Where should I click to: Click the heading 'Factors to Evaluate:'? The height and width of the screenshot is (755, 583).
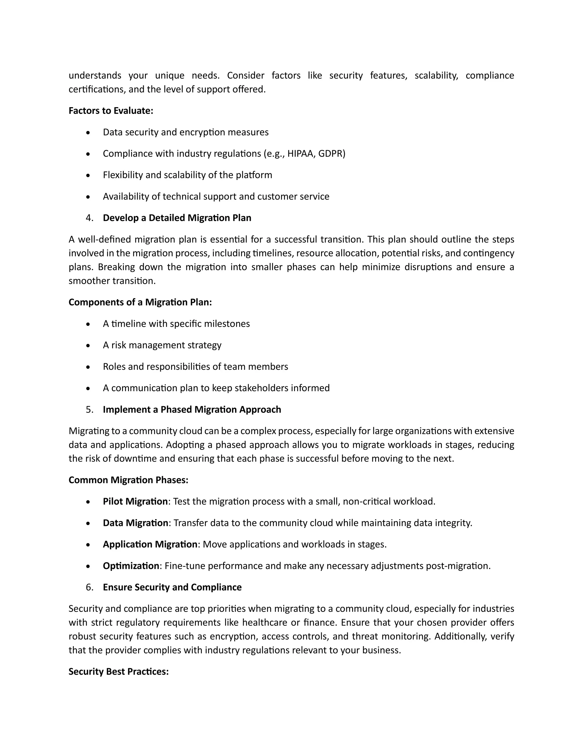click(110, 111)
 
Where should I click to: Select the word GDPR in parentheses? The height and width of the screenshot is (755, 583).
click(330, 154)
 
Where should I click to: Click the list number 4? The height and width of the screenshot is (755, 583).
click(89, 218)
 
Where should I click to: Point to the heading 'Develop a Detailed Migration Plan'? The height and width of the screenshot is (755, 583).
click(177, 218)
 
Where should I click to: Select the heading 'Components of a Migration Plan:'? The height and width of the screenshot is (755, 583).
click(140, 302)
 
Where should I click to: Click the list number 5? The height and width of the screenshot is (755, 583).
click(89, 409)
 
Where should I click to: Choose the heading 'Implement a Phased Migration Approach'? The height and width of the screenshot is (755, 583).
click(192, 409)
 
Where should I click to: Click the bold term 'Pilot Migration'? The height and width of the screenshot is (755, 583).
click(135, 501)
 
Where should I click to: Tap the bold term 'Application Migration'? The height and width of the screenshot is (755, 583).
click(150, 544)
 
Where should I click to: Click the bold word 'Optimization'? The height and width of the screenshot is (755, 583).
click(131, 566)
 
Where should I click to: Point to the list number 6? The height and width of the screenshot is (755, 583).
click(89, 587)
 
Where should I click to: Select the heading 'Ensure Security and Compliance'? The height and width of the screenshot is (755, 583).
click(172, 587)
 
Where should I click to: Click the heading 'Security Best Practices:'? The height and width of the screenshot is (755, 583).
click(118, 671)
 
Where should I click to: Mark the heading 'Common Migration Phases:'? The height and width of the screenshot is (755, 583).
click(128, 480)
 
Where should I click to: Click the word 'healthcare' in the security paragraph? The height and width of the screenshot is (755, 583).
click(265, 622)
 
